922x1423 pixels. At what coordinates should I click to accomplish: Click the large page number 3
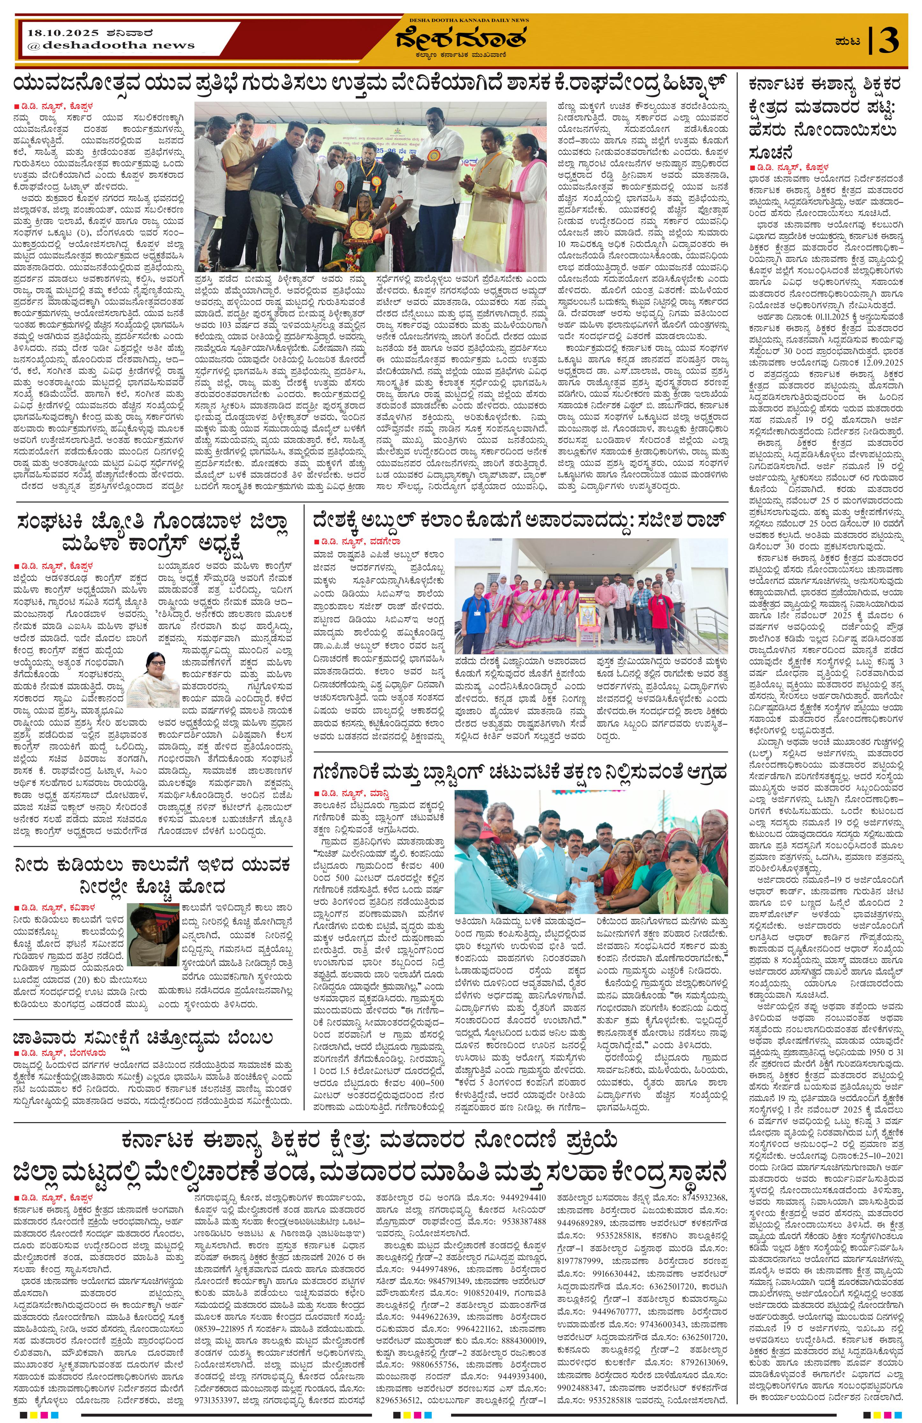point(889,41)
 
